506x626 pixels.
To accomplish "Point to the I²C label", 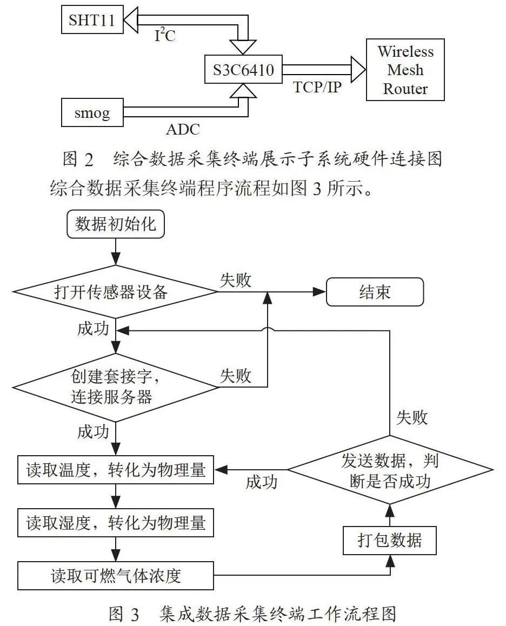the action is [x=165, y=35].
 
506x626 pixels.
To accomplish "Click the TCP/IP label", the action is [x=317, y=86].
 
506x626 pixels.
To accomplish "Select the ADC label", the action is [x=183, y=129].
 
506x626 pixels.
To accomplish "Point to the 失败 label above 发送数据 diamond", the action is [x=412, y=417].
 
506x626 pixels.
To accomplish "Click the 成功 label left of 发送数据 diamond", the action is [x=261, y=482].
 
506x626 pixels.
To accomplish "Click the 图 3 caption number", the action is [x=124, y=613].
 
